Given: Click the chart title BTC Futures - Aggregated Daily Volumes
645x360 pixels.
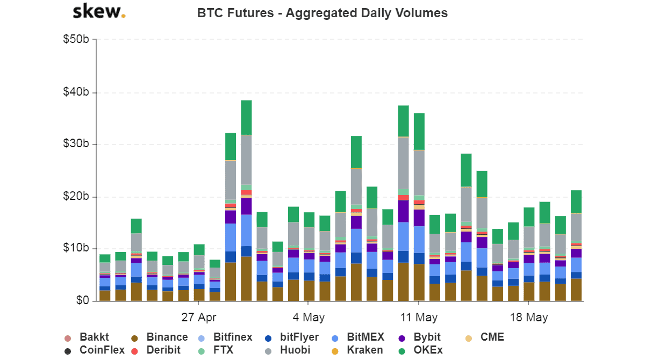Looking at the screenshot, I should pyautogui.click(x=322, y=13).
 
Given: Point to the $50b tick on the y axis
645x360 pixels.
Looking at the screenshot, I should pyautogui.click(x=77, y=40).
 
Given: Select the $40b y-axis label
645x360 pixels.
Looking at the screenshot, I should pyautogui.click(x=77, y=92).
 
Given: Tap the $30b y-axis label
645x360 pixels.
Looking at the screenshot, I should pyautogui.click(x=77, y=145).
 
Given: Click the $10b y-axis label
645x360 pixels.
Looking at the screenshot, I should pyautogui.click(x=77, y=249).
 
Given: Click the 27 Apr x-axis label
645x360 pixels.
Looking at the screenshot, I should pyautogui.click(x=198, y=317).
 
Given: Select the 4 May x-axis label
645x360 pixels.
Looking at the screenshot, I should pyautogui.click(x=309, y=317).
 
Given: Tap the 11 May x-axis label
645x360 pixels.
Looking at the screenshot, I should pyautogui.click(x=418, y=317).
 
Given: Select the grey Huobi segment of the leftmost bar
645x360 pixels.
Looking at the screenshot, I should pyautogui.click(x=105, y=268).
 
